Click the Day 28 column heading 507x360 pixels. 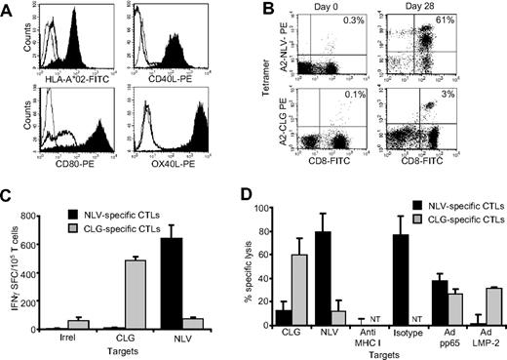[x=455, y=7]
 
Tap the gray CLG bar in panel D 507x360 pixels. [x=316, y=283]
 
